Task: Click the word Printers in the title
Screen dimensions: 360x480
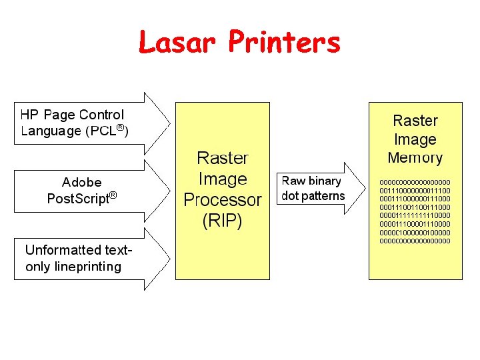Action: [x=284, y=42]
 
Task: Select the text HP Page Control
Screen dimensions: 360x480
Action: [x=72, y=115]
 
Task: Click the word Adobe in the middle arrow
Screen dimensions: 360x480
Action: [x=81, y=182]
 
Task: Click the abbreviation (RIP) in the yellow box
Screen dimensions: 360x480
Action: [x=222, y=221]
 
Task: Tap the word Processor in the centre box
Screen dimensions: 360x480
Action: [x=222, y=199]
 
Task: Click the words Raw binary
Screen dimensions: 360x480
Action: [x=311, y=181]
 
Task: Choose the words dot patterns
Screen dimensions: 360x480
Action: [x=313, y=196]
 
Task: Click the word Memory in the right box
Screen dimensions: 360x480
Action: [x=415, y=158]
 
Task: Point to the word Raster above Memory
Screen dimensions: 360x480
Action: [x=415, y=121]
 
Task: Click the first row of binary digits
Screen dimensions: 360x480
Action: [x=415, y=181]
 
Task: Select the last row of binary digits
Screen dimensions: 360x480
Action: [x=415, y=241]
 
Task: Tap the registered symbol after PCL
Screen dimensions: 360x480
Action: [x=121, y=127]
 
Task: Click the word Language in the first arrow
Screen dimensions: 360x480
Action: [x=51, y=131]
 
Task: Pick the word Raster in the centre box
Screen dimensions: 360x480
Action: [x=222, y=158]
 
